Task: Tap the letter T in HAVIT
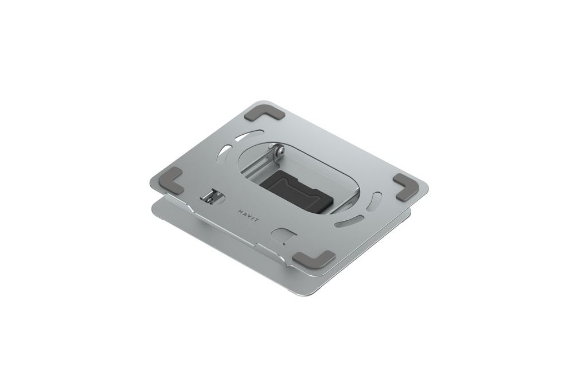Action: tap(256, 222)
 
